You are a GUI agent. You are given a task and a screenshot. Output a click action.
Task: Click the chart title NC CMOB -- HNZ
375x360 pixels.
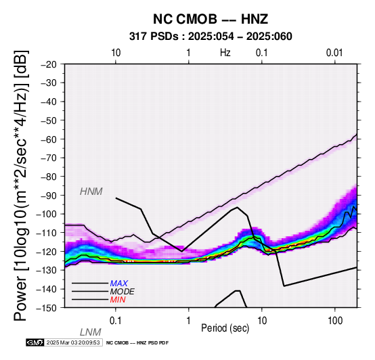(x=211, y=19)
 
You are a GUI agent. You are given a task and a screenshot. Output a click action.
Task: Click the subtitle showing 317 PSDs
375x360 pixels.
(x=211, y=37)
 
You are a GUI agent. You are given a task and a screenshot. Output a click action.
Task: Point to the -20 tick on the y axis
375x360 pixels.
(x=48, y=64)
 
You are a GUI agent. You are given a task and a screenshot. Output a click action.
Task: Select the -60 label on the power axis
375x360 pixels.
(x=48, y=139)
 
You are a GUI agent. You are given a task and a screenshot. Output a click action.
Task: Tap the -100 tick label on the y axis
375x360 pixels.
(x=46, y=214)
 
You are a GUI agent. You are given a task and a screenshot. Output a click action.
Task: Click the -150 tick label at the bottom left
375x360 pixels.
(x=46, y=308)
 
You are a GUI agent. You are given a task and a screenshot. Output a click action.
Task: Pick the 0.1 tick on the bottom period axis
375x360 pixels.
(x=116, y=321)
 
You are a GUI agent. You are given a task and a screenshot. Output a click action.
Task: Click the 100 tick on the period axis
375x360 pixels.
(x=335, y=321)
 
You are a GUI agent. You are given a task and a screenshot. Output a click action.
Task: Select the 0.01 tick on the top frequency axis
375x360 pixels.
(x=334, y=53)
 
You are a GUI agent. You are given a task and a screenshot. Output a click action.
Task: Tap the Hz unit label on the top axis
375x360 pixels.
(x=225, y=53)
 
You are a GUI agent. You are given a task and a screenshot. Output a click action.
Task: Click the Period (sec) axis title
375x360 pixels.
(x=225, y=328)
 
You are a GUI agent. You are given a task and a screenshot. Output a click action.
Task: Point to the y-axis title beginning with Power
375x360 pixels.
(x=20, y=185)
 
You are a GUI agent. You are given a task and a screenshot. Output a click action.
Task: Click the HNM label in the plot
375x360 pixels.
(x=91, y=192)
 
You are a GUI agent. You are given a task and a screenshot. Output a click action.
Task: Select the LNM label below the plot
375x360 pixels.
(x=91, y=332)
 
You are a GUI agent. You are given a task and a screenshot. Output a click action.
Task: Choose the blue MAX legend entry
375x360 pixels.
(x=119, y=284)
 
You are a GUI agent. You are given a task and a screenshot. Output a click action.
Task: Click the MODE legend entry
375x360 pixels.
(x=123, y=292)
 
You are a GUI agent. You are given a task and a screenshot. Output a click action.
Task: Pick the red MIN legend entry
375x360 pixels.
(x=118, y=300)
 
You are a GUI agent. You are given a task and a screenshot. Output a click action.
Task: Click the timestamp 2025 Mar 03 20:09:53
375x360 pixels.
(x=73, y=342)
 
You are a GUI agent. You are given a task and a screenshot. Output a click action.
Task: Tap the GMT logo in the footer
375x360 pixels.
(x=35, y=342)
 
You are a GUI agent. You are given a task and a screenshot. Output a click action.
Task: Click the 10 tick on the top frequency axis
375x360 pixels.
(x=116, y=53)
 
